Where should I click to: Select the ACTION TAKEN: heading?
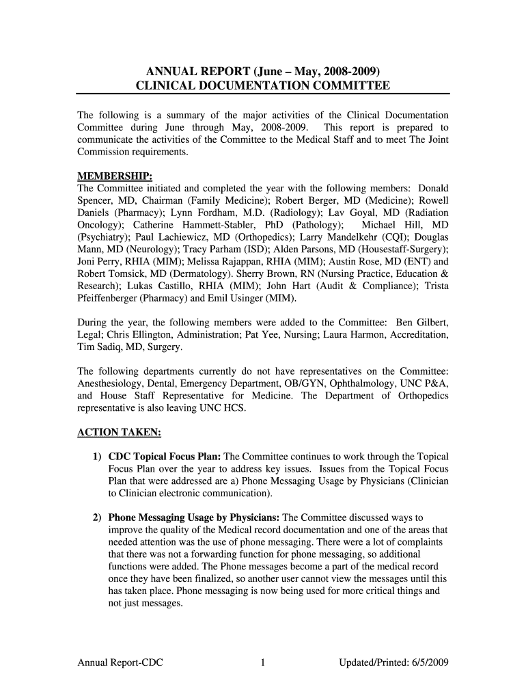click(x=118, y=432)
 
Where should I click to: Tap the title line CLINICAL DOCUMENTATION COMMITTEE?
click(x=263, y=85)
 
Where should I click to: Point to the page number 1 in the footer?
click(x=262, y=662)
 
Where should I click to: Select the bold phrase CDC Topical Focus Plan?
click(x=165, y=457)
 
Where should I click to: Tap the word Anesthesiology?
click(x=115, y=383)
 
